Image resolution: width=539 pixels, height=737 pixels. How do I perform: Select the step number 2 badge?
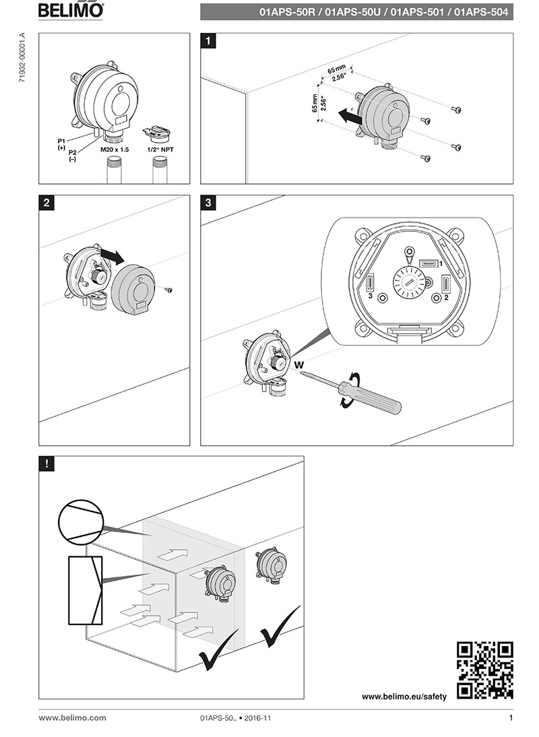coord(46,203)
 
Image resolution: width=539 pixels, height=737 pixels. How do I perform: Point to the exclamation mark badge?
coord(46,463)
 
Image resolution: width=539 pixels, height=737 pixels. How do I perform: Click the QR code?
coord(485,670)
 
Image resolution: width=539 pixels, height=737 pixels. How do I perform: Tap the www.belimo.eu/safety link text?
coord(404,697)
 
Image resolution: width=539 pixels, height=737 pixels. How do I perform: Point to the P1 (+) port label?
coord(62,143)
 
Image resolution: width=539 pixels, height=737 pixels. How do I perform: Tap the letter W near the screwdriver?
coord(299,364)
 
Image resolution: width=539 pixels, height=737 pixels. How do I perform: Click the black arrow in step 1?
coord(349,116)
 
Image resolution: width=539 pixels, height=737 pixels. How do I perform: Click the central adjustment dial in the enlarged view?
coord(408,282)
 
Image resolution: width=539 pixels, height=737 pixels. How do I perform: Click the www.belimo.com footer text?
coord(72,718)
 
